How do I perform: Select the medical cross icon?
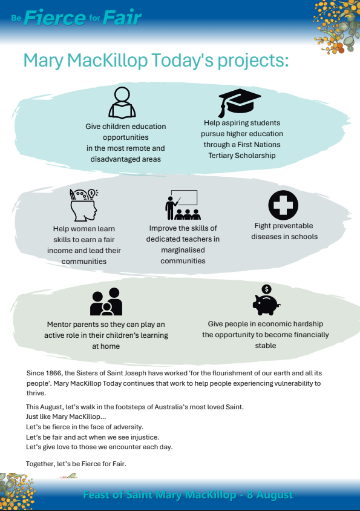pyautogui.click(x=283, y=205)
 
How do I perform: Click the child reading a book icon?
pyautogui.click(x=122, y=103)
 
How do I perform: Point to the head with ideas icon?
pyautogui.click(x=83, y=205)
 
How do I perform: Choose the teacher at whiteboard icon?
pyautogui.click(x=183, y=205)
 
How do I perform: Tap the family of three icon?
pyautogui.click(x=106, y=302)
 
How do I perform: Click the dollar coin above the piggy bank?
pyautogui.click(x=266, y=289)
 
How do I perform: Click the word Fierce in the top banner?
pyautogui.click(x=54, y=18)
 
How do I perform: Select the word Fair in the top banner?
pyautogui.click(x=122, y=18)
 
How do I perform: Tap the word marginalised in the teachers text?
pyautogui.click(x=183, y=250)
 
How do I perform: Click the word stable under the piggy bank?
pyautogui.click(x=266, y=346)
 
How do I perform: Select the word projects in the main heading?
pyautogui.click(x=253, y=61)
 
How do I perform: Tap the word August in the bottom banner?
pyautogui.click(x=275, y=495)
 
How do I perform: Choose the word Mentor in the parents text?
pyautogui.click(x=59, y=325)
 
